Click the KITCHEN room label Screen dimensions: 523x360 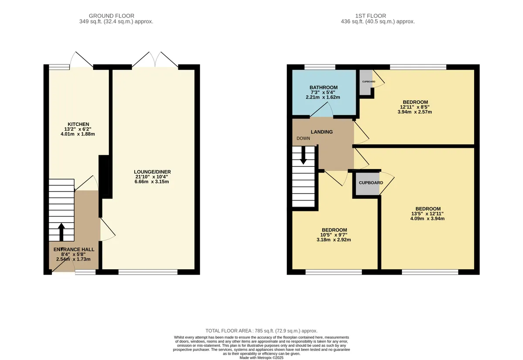coord(78,124)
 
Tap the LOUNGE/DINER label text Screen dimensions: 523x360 coord(153,172)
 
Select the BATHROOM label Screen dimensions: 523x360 coord(323,87)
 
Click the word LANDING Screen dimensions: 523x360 coord(322,132)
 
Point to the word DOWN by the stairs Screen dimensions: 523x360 coord(303,139)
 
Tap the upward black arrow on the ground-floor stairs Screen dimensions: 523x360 coord(61,232)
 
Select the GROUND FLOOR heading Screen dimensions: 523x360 coord(112,16)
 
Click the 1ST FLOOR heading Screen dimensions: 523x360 coord(370,16)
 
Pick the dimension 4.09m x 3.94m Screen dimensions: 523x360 coord(427,219)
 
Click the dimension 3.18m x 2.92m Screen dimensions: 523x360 coord(334,240)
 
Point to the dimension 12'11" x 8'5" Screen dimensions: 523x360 coord(414,107)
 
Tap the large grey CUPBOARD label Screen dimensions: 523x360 coord(371,183)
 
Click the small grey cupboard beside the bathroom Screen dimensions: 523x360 coord(366,82)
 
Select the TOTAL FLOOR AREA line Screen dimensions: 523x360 coord(261,331)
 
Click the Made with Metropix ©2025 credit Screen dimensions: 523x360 coord(261,358)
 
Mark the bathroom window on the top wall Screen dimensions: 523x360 coord(320,67)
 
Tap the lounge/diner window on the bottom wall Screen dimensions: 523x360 coord(148,272)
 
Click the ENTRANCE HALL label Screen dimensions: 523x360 coord(74,249)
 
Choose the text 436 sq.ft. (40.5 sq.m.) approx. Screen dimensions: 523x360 coord(378,22)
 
